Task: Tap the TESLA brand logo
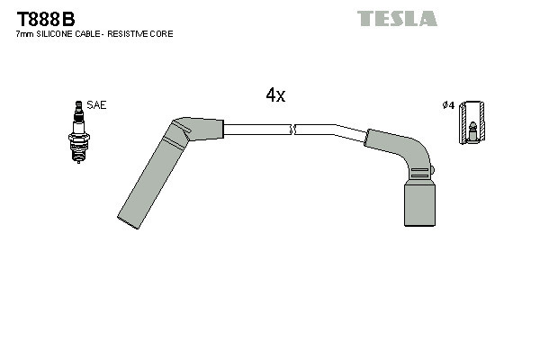point(397,18)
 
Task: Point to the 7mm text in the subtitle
point(25,34)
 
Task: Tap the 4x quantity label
point(275,95)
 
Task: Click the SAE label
point(97,105)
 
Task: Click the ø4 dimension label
point(447,105)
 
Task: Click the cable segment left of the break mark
point(256,130)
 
